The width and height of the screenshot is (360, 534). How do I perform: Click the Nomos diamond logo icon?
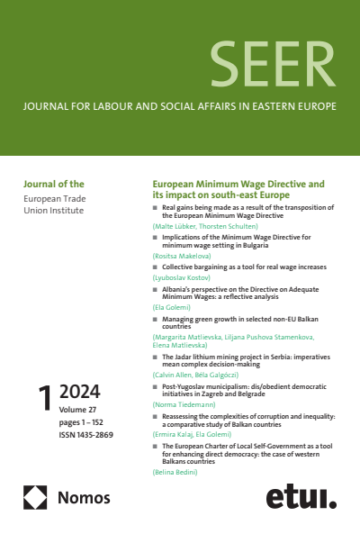tap(35, 497)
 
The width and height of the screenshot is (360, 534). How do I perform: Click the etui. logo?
tap(301, 496)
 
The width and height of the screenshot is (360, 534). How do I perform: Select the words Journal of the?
tap(51, 184)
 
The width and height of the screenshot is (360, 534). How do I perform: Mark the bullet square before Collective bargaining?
tap(155, 267)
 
